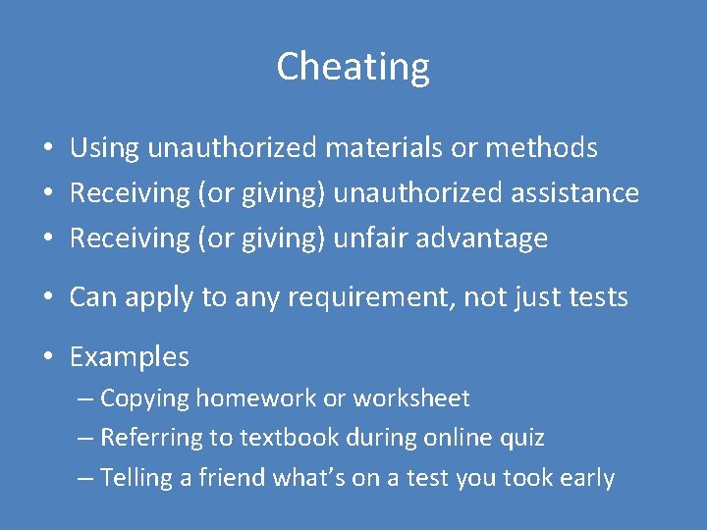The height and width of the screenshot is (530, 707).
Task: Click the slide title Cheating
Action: [353, 67]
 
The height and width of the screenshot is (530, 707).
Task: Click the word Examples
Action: [129, 357]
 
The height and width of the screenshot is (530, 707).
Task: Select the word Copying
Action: [144, 398]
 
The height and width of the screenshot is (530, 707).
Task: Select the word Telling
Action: [137, 478]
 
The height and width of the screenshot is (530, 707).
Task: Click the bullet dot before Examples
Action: [46, 358]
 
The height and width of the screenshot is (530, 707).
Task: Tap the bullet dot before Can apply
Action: [46, 298]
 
